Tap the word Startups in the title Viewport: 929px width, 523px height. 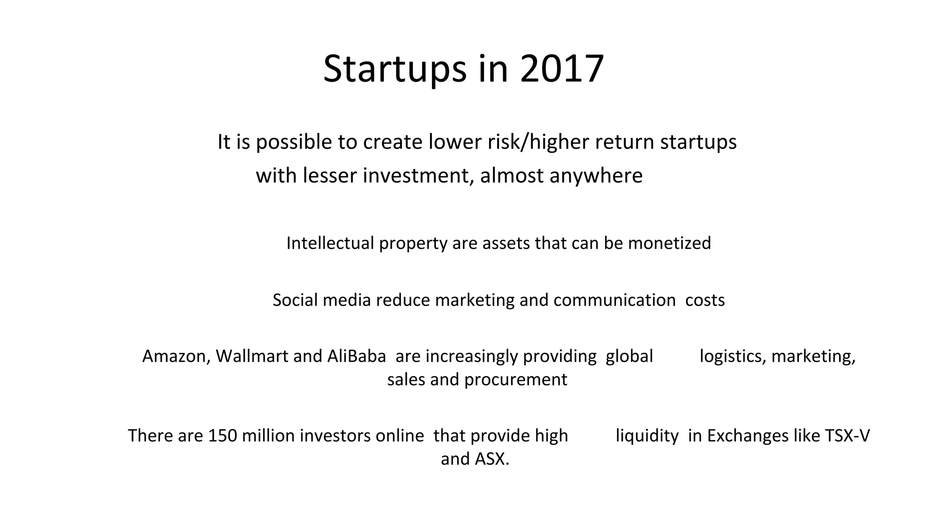395,69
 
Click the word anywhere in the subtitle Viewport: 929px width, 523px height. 596,176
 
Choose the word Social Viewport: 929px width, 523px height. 295,300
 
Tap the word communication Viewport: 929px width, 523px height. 614,300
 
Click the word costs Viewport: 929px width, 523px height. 705,300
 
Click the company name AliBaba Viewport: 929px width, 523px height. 357,356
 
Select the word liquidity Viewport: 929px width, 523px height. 647,436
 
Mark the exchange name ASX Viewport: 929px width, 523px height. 492,459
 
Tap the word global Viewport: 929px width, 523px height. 629,356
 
